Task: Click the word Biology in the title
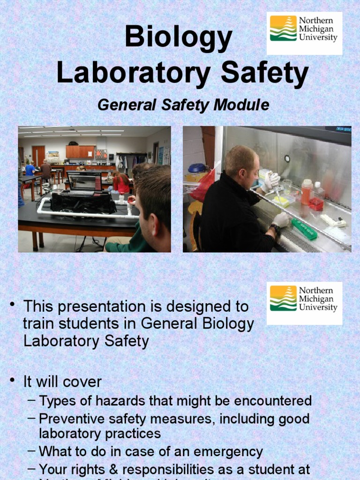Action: [179, 39]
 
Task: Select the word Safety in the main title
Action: [265, 74]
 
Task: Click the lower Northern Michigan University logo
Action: [304, 303]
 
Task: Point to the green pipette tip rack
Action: [303, 228]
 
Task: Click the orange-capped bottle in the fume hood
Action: [306, 191]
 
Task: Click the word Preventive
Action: [71, 418]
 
